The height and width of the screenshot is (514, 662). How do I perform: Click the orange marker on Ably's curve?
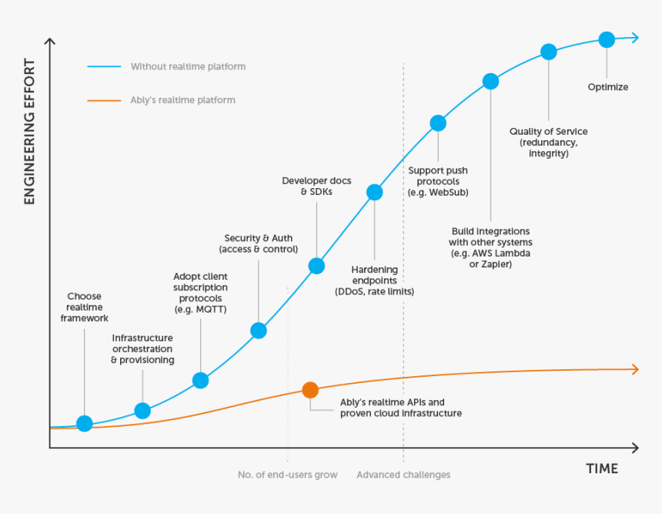[310, 390]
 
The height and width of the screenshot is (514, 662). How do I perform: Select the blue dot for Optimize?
[607, 39]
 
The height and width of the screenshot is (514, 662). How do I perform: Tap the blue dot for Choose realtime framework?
[85, 423]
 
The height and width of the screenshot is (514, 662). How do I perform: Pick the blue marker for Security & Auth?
[259, 331]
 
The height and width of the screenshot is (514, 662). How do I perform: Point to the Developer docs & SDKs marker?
[316, 266]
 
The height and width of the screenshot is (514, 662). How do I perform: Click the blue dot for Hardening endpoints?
[374, 193]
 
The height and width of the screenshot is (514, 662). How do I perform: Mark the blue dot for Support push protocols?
[438, 123]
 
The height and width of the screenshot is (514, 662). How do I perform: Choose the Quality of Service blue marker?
[549, 52]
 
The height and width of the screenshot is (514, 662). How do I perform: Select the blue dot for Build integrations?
[490, 81]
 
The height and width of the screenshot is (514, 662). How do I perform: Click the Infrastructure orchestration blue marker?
[142, 411]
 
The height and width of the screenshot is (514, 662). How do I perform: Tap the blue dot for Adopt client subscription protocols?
[200, 380]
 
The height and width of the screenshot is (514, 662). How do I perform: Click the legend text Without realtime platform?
[188, 67]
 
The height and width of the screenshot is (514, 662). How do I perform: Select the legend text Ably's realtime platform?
[182, 100]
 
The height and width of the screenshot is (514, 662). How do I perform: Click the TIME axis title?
[601, 469]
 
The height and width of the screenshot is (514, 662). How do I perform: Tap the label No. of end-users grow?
[288, 475]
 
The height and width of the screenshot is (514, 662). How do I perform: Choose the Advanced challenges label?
[403, 475]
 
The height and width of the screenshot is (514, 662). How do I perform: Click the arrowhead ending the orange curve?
[634, 369]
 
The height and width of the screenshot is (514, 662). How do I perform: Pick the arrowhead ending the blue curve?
[634, 37]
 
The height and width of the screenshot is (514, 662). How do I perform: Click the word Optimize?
[607, 87]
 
